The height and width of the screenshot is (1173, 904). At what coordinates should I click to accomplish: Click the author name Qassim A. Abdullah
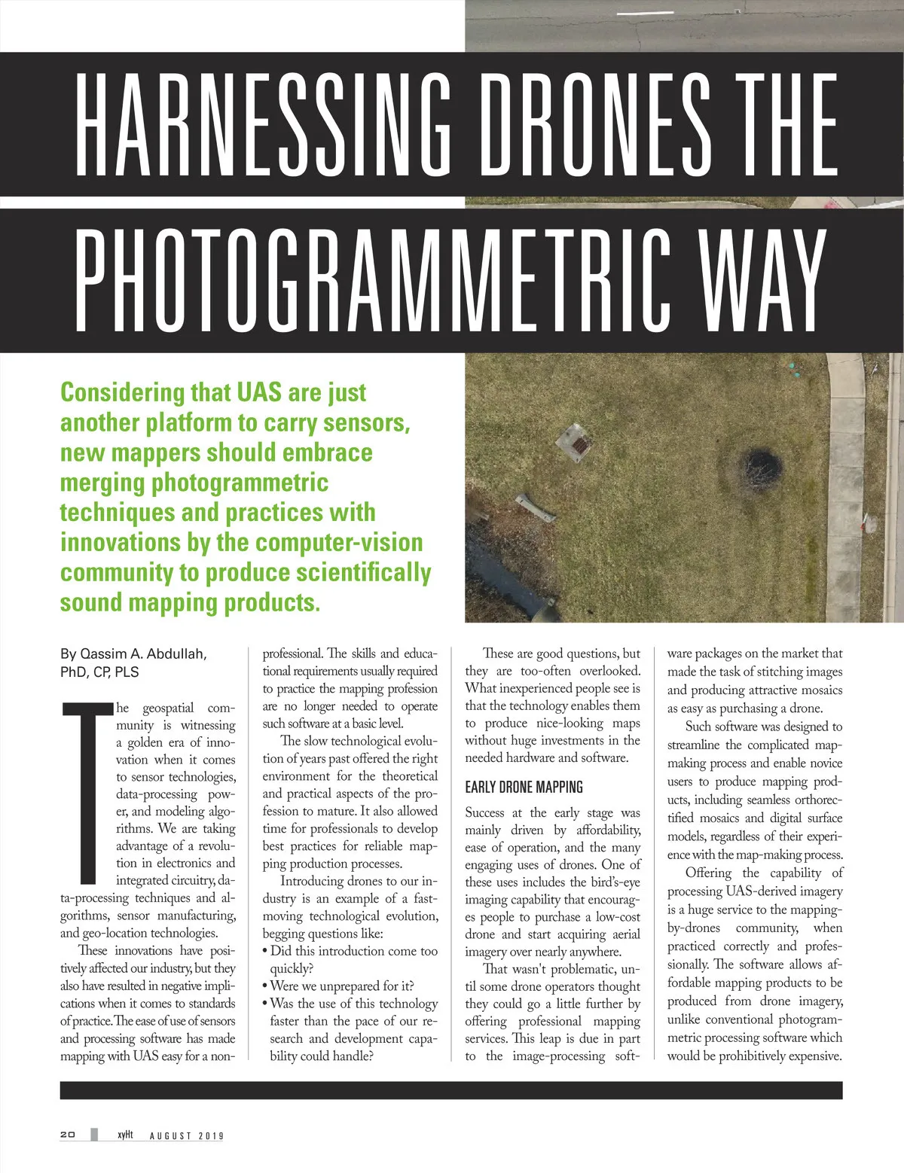point(133,654)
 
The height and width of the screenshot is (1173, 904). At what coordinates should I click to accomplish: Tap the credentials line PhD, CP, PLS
point(99,672)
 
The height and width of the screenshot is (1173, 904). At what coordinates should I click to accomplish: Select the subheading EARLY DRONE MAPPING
point(524,787)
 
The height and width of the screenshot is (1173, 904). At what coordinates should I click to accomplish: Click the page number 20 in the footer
point(68,1135)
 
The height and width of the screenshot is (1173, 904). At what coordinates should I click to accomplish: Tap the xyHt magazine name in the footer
point(125,1135)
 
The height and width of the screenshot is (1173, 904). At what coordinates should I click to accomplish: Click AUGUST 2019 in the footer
point(186,1135)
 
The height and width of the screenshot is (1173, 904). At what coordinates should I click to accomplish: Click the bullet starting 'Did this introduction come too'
point(350,951)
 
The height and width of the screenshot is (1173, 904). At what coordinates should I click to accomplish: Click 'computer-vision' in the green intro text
point(339,542)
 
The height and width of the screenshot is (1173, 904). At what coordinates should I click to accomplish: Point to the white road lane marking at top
point(645,13)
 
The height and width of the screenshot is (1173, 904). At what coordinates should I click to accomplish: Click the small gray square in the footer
point(94,1135)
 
